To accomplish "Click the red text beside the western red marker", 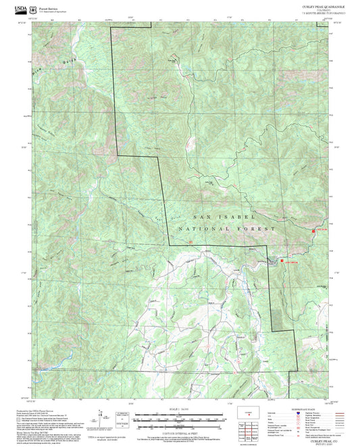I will [x=290, y=261].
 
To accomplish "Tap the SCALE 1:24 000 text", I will [x=179, y=409].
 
